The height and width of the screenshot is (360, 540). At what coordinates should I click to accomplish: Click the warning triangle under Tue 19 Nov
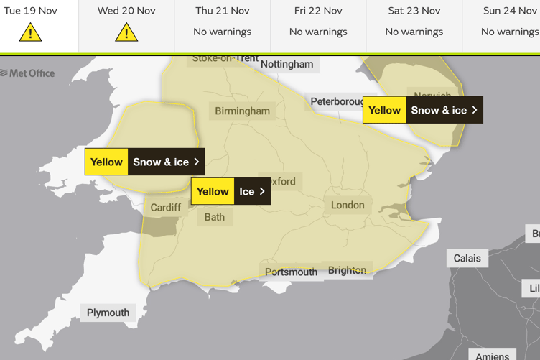(x=30, y=32)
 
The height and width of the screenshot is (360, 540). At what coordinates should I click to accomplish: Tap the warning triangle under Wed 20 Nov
(x=126, y=32)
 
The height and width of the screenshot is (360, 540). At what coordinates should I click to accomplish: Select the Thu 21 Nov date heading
(x=223, y=11)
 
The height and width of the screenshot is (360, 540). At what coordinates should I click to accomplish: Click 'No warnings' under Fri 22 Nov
(x=318, y=32)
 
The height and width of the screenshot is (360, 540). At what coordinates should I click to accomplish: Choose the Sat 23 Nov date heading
(x=414, y=11)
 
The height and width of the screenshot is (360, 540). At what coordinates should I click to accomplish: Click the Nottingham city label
(x=287, y=64)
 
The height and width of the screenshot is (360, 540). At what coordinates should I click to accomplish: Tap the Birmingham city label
(x=243, y=111)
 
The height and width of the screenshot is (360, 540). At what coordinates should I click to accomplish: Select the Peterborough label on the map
(x=337, y=101)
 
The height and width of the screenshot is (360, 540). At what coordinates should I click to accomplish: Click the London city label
(x=348, y=205)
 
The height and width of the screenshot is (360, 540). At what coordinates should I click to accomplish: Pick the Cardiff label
(x=166, y=207)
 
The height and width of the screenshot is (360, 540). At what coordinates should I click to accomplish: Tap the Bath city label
(x=215, y=216)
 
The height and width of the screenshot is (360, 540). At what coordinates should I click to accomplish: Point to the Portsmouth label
(x=291, y=272)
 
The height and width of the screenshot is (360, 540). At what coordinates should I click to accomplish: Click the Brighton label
(x=347, y=270)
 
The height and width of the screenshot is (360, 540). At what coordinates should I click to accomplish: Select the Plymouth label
(x=108, y=313)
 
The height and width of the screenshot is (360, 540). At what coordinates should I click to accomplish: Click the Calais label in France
(x=467, y=258)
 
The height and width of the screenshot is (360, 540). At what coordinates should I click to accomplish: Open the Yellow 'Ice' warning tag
(x=231, y=192)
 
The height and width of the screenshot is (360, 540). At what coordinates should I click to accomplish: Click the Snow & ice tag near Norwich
(x=422, y=110)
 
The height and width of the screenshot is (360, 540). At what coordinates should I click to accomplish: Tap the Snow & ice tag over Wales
(x=144, y=162)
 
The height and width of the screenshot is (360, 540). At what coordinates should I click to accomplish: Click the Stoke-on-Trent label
(x=225, y=58)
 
